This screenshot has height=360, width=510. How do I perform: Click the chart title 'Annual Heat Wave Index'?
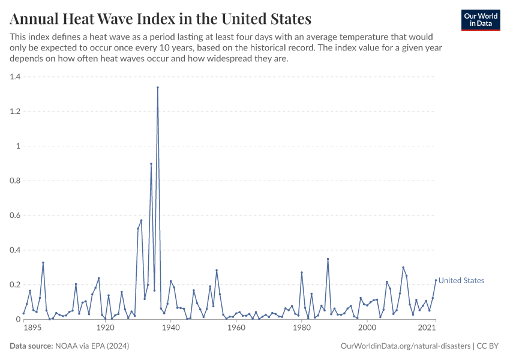point(161,19)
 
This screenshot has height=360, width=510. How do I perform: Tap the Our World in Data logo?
point(481,20)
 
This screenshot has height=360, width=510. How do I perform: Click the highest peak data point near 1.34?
point(158,88)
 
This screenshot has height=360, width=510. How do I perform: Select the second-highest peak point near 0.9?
point(151,164)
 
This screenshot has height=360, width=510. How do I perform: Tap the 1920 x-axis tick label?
point(106,328)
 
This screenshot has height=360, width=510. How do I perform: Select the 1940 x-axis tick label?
point(170,328)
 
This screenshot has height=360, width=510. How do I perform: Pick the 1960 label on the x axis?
point(236,328)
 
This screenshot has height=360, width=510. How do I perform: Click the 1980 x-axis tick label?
point(301,328)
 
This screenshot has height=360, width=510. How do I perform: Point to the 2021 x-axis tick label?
point(427,328)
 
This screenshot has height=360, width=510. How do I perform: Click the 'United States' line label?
point(461,280)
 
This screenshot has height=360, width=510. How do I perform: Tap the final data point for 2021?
point(436,280)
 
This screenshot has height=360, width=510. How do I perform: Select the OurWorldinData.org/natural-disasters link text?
point(405,346)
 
